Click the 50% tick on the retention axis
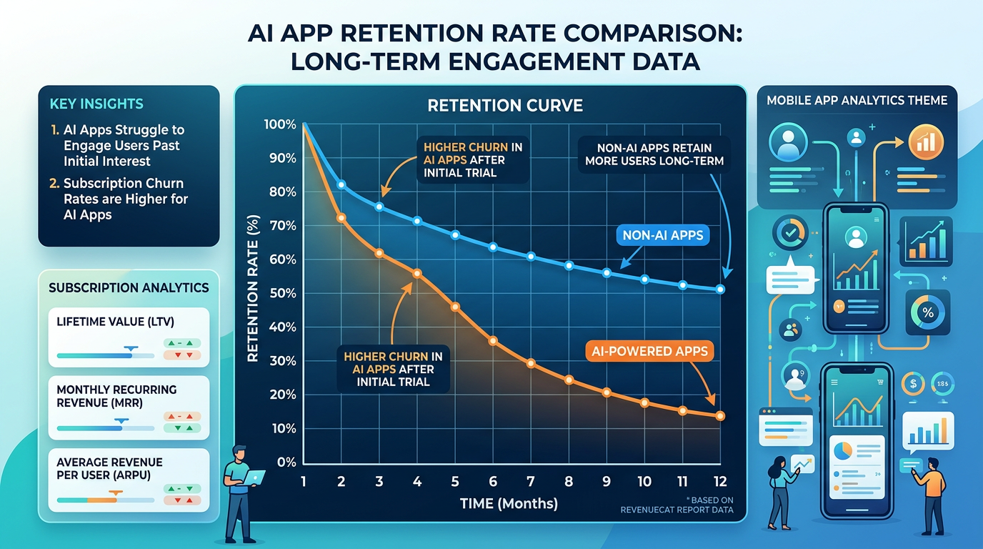point(280,294)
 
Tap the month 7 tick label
point(530,482)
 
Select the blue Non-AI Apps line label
point(664,234)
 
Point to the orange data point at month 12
point(720,416)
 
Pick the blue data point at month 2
point(341,184)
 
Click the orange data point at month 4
point(417,273)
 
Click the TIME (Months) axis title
point(509,503)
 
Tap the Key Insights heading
point(96,104)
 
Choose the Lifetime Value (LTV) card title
point(115,322)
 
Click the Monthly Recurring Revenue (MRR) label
point(116,396)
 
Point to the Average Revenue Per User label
point(109,468)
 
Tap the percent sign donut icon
point(928,312)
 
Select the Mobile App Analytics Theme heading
point(857,100)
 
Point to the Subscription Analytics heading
point(129,287)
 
